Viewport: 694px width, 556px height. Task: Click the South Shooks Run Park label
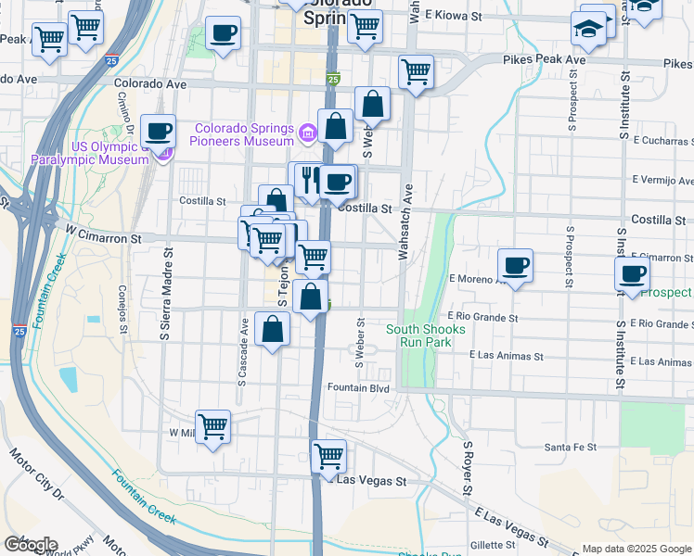tap(418, 335)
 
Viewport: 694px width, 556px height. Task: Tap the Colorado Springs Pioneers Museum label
tap(244, 135)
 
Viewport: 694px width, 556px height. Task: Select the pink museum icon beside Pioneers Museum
tap(308, 135)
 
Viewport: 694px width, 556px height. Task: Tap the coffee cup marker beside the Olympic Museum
tap(159, 132)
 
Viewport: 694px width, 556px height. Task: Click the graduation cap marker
tap(588, 31)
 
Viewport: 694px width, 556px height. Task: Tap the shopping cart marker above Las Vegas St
tap(328, 456)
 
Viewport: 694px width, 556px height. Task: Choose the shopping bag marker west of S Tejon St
tap(272, 330)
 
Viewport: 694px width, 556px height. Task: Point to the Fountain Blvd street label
tap(357, 388)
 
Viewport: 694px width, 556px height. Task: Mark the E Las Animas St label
tap(506, 355)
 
